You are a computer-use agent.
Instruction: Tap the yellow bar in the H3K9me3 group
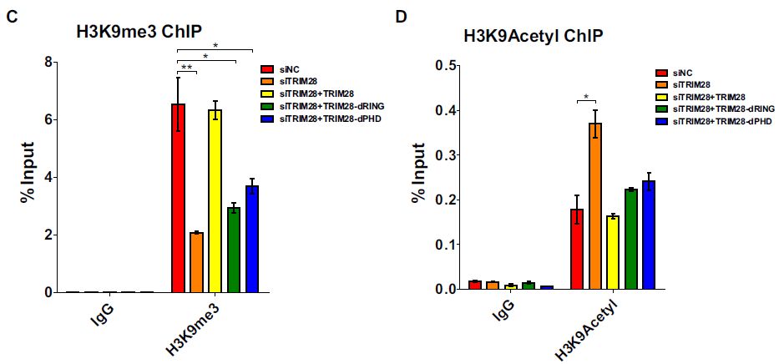click(215, 201)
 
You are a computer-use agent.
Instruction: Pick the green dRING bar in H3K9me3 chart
click(234, 250)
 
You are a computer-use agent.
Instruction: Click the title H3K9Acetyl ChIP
click(534, 36)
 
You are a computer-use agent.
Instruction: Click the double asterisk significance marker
click(188, 67)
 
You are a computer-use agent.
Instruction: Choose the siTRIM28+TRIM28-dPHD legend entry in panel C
click(326, 119)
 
